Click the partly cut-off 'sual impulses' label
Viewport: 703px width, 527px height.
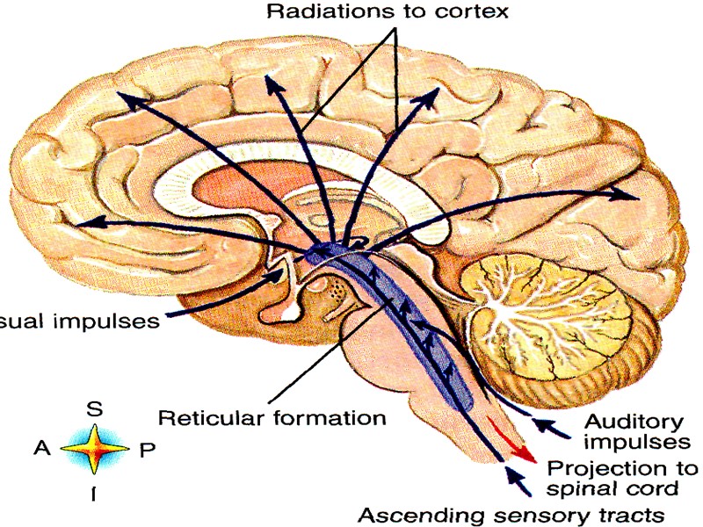(x=79, y=321)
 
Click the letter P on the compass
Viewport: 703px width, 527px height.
(x=147, y=451)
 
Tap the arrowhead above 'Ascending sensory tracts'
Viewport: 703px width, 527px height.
(x=511, y=475)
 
